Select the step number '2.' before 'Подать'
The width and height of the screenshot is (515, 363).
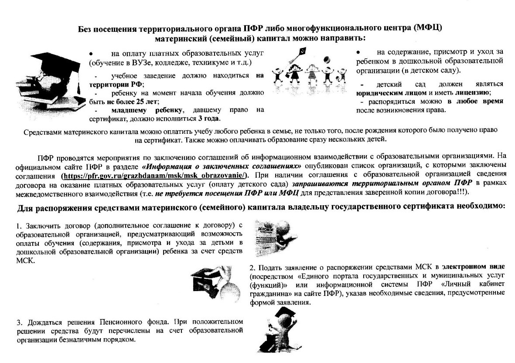[x=253, y=266]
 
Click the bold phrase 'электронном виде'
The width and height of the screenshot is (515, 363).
[x=473, y=266]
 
